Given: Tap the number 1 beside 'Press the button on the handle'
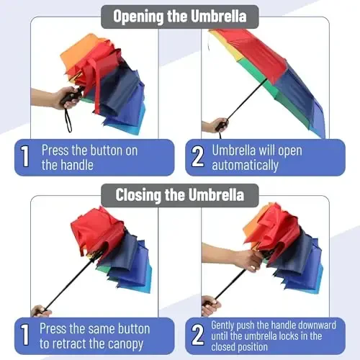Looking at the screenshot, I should tap(25, 157).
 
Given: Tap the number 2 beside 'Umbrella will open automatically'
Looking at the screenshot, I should tap(197, 157).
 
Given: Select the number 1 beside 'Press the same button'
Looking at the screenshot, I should tap(25, 336).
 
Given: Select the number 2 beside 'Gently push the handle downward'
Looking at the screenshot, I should tap(197, 336).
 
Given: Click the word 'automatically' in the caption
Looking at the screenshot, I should tap(245, 165).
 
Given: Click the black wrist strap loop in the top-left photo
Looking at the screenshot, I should tap(68, 120).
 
